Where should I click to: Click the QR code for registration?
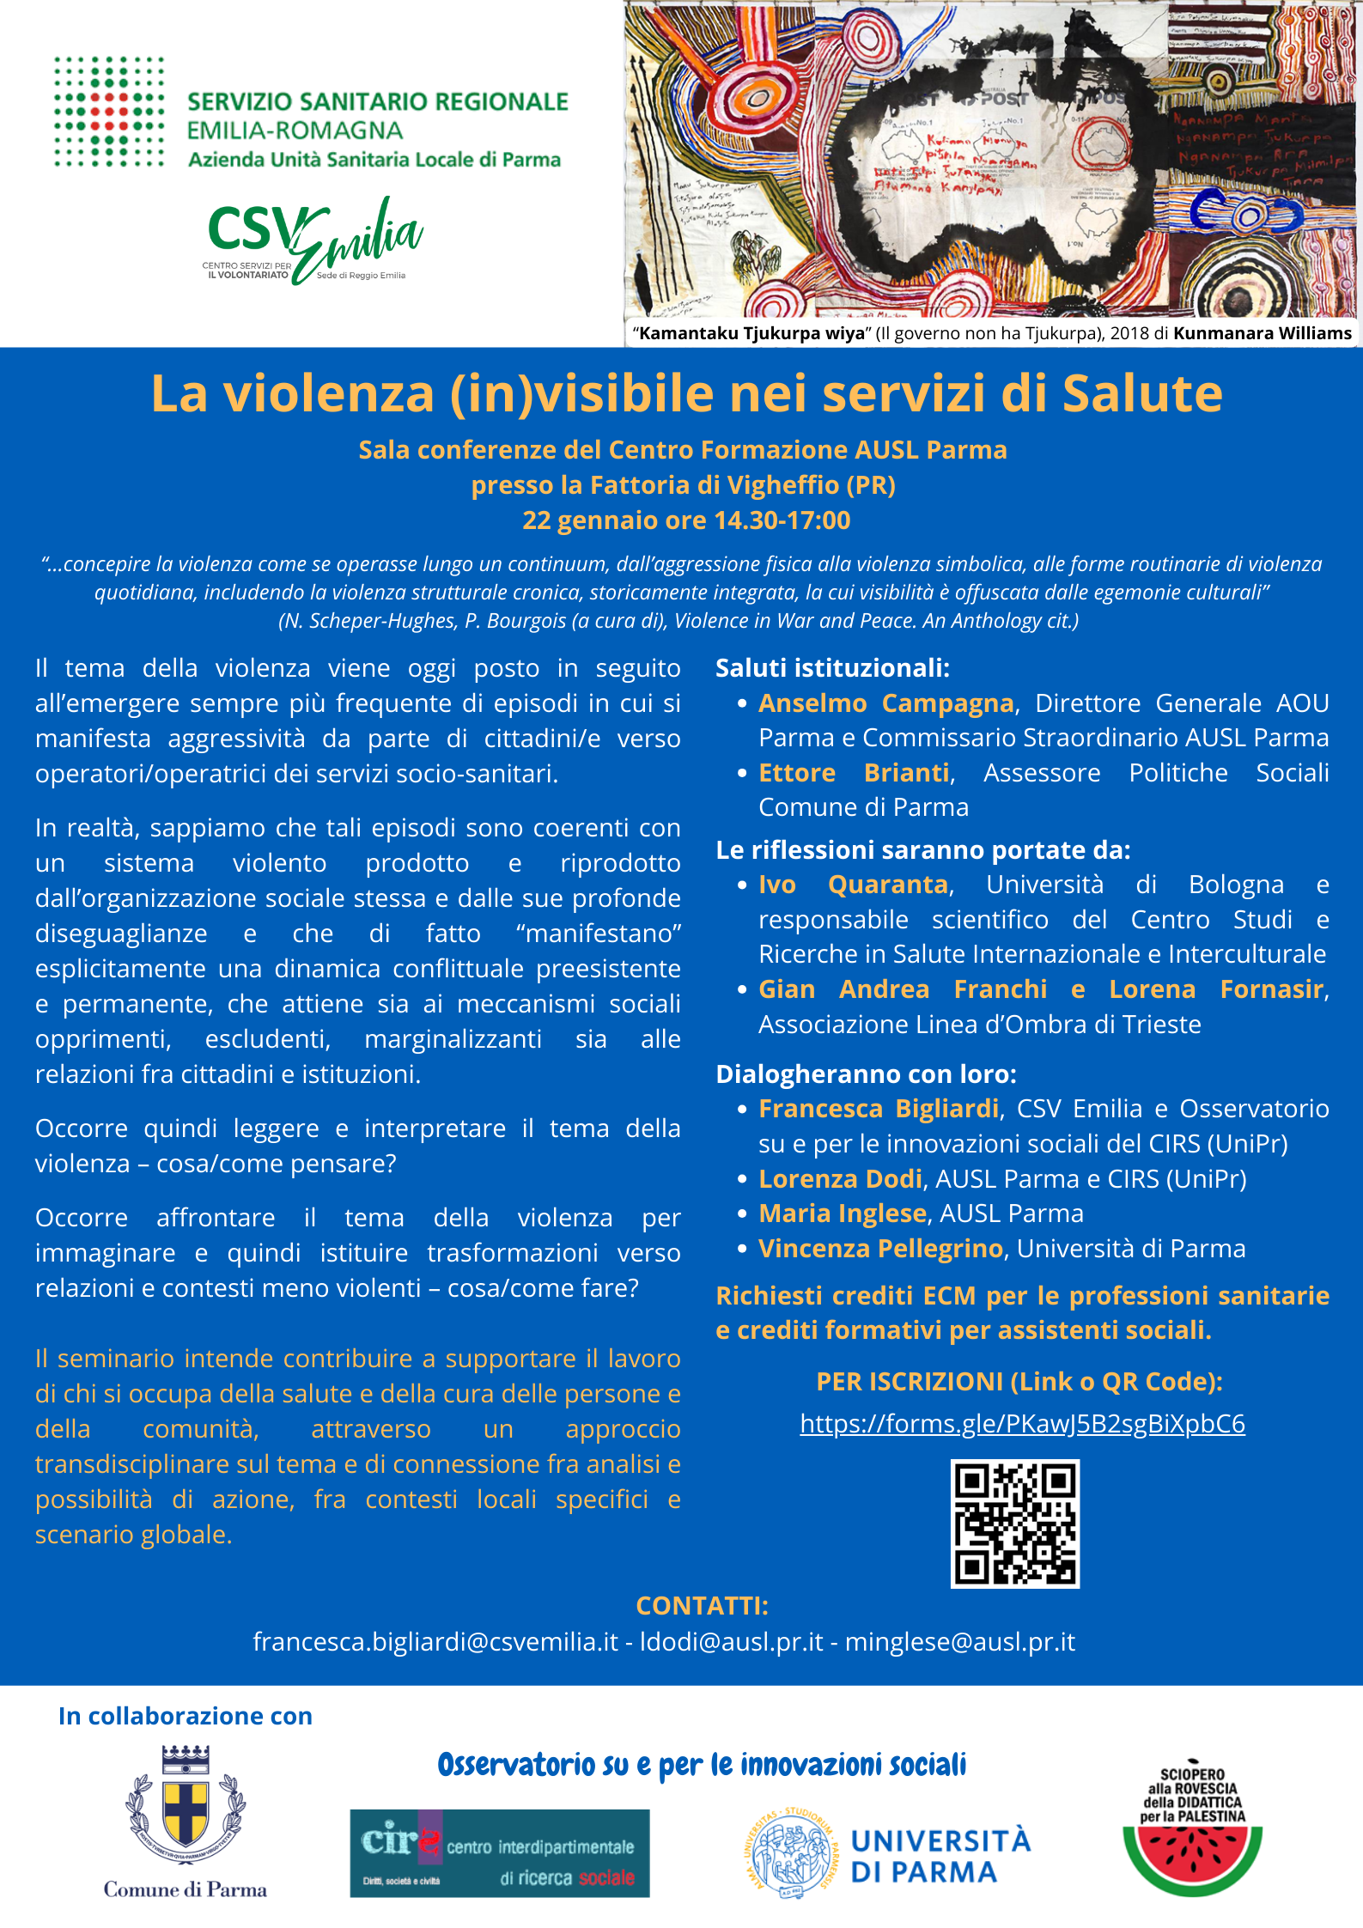[1014, 1523]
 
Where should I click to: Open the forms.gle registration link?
[1022, 1424]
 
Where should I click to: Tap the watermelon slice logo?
[1192, 1855]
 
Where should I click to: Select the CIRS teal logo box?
[499, 1852]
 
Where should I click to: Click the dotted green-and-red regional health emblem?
[109, 112]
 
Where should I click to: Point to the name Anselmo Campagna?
[885, 703]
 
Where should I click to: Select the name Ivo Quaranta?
[853, 885]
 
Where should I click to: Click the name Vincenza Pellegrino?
[880, 1249]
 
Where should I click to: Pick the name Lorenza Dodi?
[840, 1179]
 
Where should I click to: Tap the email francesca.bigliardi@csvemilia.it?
[435, 1642]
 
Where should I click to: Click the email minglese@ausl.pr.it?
[959, 1642]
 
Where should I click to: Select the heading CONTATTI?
[702, 1606]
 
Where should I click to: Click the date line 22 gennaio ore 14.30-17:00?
[686, 520]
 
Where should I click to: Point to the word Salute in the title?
[1141, 394]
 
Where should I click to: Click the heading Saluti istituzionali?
[832, 668]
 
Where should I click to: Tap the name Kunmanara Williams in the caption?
[1262, 333]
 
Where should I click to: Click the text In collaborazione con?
[186, 1716]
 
